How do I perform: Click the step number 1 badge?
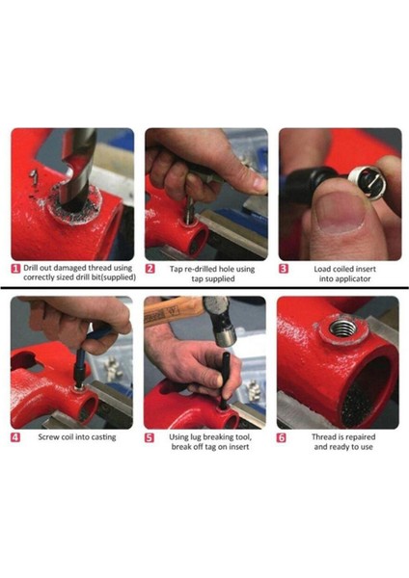(x=16, y=269)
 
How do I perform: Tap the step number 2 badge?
(x=150, y=269)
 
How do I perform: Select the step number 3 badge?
(x=284, y=269)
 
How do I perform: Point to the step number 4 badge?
(x=16, y=436)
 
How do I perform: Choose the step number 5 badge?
(x=150, y=436)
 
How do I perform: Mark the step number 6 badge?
(x=284, y=436)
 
